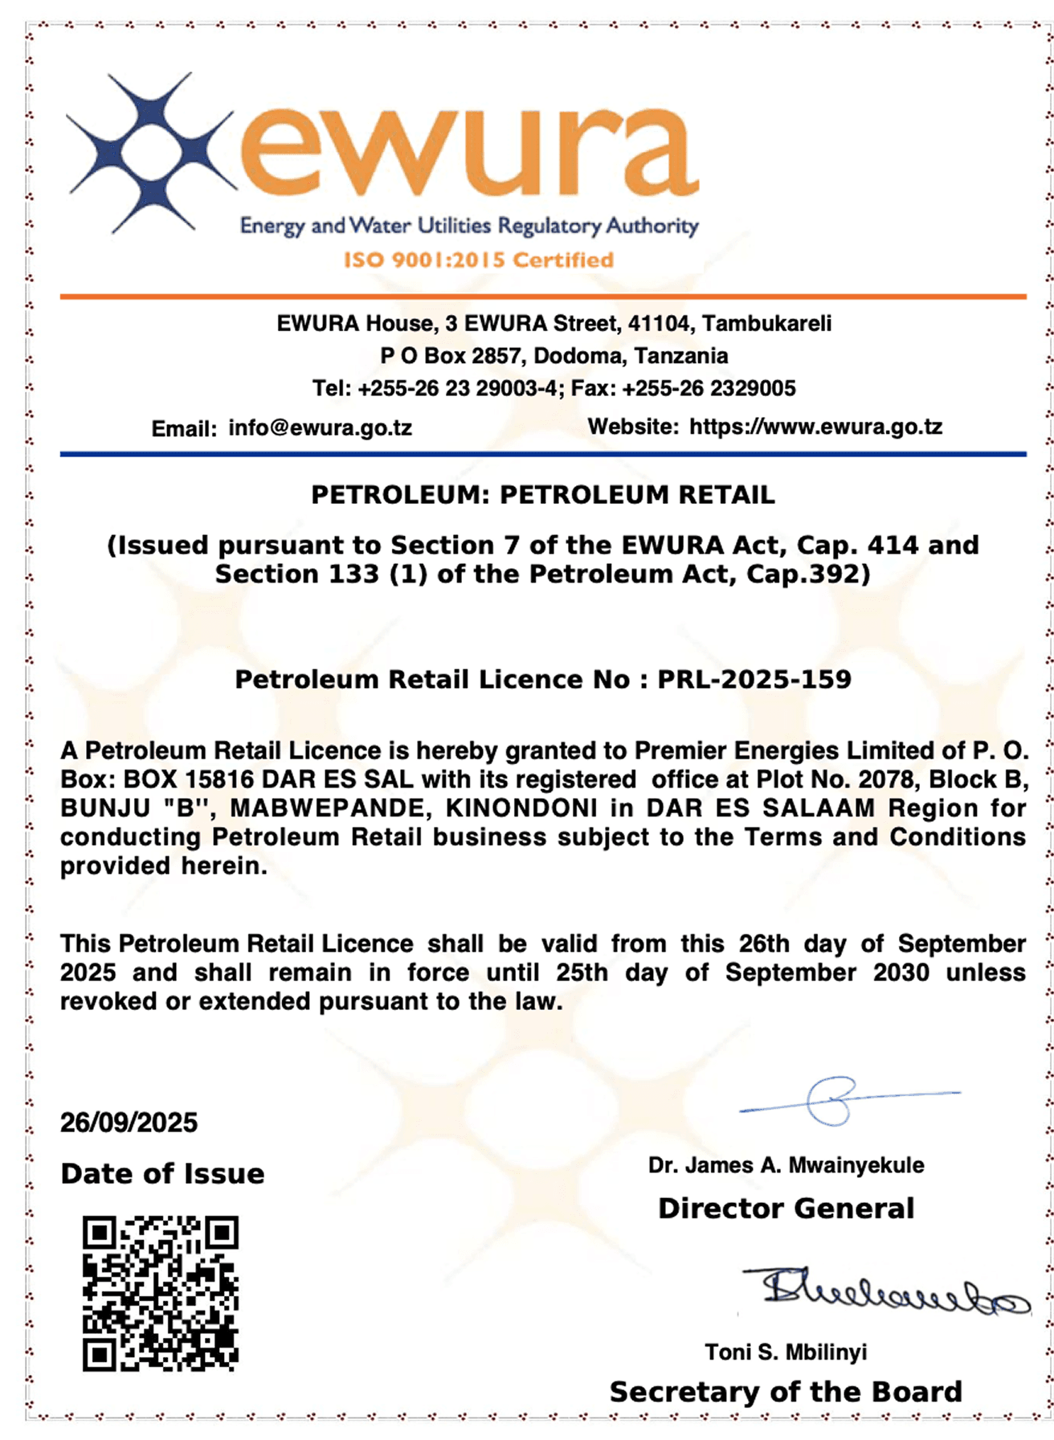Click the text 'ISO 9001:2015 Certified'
pos(479,260)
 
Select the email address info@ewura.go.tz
pos(320,427)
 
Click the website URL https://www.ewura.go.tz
pos(815,427)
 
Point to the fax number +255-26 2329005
pos(709,389)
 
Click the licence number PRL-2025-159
pos(754,680)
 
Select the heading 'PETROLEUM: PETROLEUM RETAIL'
pos(543,495)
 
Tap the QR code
pos(161,1292)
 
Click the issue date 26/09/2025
pos(129,1123)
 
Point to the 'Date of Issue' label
pos(162,1174)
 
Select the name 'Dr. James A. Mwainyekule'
pos(786,1165)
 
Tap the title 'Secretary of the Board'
pos(786,1392)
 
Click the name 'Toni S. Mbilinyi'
pos(786,1352)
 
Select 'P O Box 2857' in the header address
pos(451,356)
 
